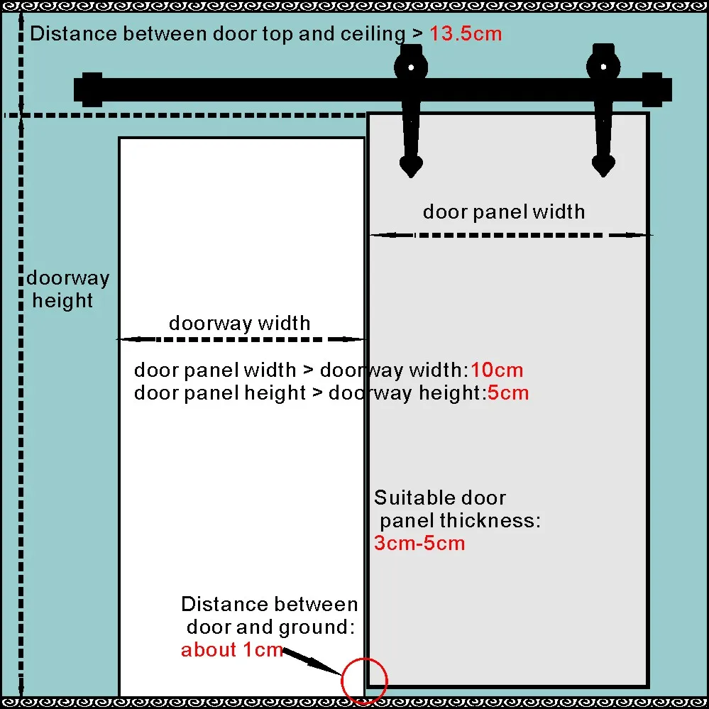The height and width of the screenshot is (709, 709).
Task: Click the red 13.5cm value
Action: [x=465, y=33]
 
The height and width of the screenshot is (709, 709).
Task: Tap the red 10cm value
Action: [x=496, y=370]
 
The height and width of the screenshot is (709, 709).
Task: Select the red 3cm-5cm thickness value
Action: [x=419, y=544]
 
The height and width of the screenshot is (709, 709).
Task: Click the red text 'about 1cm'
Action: [x=232, y=649]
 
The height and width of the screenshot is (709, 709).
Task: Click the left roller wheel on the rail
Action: [x=410, y=67]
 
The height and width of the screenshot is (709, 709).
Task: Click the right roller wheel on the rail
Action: [x=603, y=67]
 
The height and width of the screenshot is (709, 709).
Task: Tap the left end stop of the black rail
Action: [x=92, y=89]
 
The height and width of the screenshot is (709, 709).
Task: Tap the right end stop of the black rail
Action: [x=656, y=89]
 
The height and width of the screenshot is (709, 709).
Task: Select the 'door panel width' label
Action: [x=504, y=211]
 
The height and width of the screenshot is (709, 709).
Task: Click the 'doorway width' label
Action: [x=239, y=324]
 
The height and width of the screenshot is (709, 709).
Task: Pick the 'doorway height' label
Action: [x=67, y=289]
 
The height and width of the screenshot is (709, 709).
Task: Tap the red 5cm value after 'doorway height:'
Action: [x=507, y=392]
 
